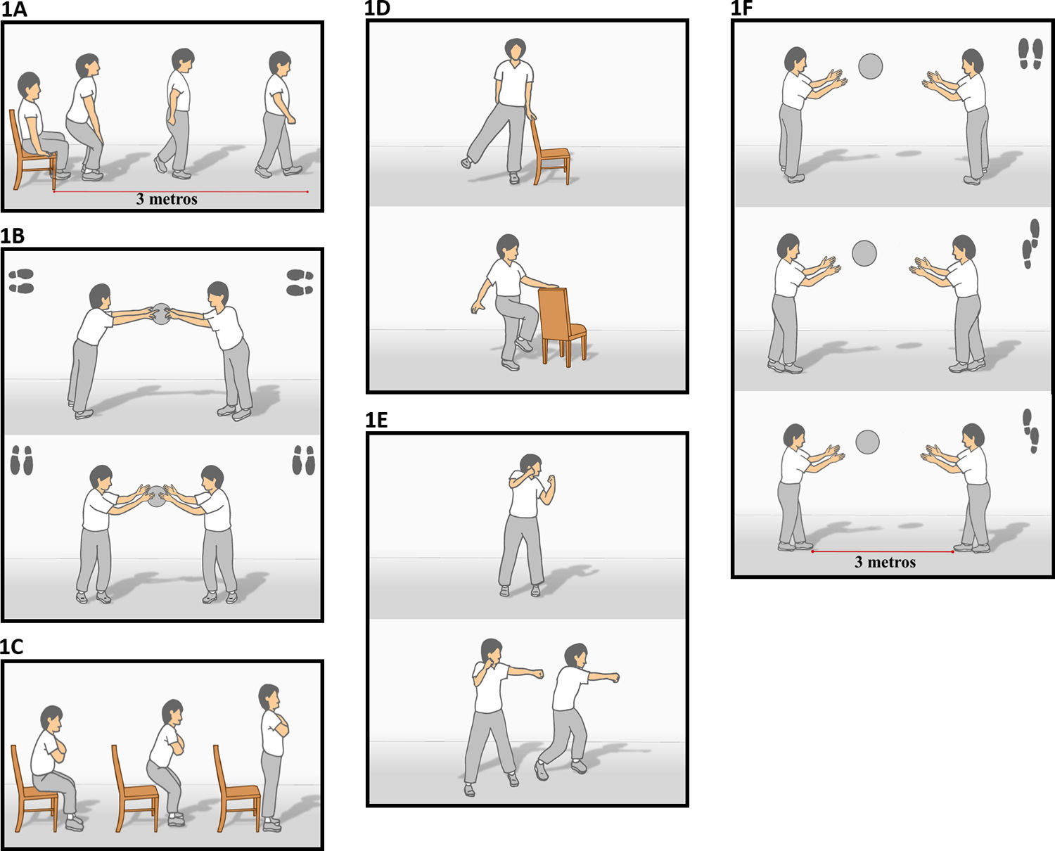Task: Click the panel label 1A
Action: point(14,9)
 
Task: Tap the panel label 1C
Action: point(12,647)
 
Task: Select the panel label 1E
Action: point(376,420)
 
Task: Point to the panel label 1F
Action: point(742,9)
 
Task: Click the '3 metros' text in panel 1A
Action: point(167,199)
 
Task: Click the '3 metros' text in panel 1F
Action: point(885,562)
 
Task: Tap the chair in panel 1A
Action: point(32,152)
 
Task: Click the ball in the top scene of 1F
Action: point(871,66)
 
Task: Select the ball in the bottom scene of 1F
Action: point(868,442)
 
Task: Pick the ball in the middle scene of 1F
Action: point(864,253)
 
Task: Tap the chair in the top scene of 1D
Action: point(550,152)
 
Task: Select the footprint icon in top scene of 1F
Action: point(1030,54)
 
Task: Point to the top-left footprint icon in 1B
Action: point(22,281)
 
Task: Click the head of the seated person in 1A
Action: point(28,85)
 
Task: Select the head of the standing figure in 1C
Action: point(269,696)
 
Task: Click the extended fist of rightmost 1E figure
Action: point(613,678)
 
